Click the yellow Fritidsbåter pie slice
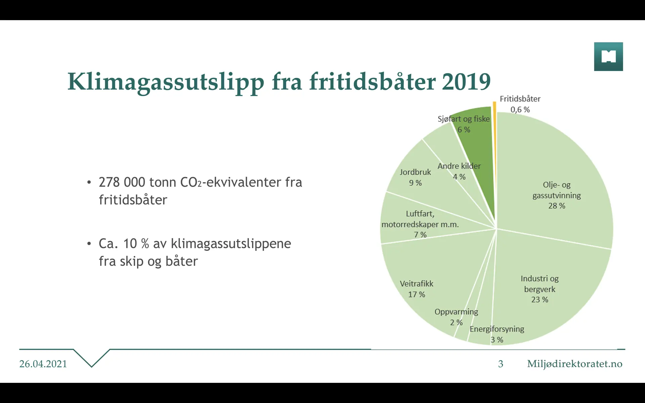(x=494, y=151)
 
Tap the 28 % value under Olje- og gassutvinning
(x=557, y=206)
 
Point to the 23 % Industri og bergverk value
(x=540, y=300)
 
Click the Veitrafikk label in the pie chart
(x=417, y=284)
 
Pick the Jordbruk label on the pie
(x=415, y=172)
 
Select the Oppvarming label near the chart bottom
(x=456, y=312)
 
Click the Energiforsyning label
(x=497, y=329)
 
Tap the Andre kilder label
(x=459, y=166)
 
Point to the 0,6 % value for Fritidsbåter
(x=520, y=109)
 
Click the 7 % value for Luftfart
(x=420, y=235)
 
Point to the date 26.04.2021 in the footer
(x=43, y=364)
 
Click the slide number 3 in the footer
(x=501, y=364)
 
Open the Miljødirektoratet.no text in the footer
(x=574, y=364)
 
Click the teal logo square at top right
(x=608, y=56)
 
